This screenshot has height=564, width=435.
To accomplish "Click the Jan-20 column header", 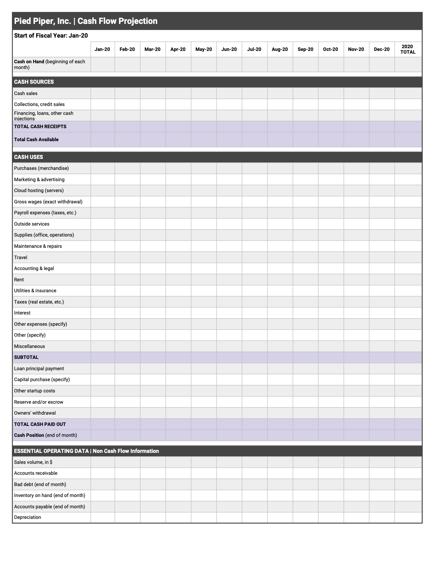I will (102, 49).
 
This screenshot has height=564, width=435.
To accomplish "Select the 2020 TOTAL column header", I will (408, 49).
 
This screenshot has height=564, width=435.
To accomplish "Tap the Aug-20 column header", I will (280, 49).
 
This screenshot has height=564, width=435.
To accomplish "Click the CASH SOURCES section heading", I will (34, 82).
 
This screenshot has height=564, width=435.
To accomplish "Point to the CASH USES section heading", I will (28, 157).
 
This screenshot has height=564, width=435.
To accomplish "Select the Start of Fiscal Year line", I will (51, 36).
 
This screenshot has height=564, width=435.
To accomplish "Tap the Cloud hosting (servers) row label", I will (39, 190).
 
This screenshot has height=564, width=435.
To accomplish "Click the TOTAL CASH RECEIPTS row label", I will (40, 126).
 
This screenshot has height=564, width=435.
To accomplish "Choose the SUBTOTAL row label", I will (26, 357).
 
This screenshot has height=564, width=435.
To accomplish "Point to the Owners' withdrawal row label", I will (35, 413).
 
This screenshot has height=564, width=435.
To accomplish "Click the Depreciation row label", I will (28, 517).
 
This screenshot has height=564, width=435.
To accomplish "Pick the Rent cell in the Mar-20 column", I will (153, 280).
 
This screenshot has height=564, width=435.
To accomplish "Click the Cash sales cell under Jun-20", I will (229, 93).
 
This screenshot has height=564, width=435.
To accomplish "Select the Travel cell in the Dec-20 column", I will (382, 257).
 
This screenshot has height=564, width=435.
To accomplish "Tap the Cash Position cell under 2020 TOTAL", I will (408, 435).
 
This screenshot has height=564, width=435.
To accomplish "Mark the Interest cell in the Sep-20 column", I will (305, 313).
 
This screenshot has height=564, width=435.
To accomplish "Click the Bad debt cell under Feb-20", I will (127, 484).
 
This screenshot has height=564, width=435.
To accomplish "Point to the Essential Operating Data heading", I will (86, 451).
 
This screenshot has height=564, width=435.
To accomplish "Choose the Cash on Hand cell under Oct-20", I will (331, 64).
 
